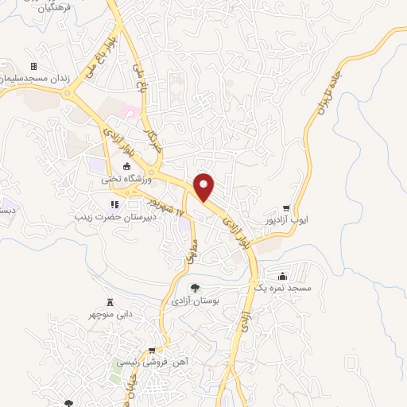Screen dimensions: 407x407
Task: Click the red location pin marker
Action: coord(205,186)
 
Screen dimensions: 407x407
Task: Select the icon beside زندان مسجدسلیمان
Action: coord(33,66)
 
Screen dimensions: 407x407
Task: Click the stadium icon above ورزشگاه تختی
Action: coord(125,166)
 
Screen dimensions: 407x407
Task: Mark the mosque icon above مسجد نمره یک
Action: coord(284,274)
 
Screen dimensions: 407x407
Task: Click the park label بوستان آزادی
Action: coord(195,301)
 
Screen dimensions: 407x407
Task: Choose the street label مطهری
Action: coord(189,248)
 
